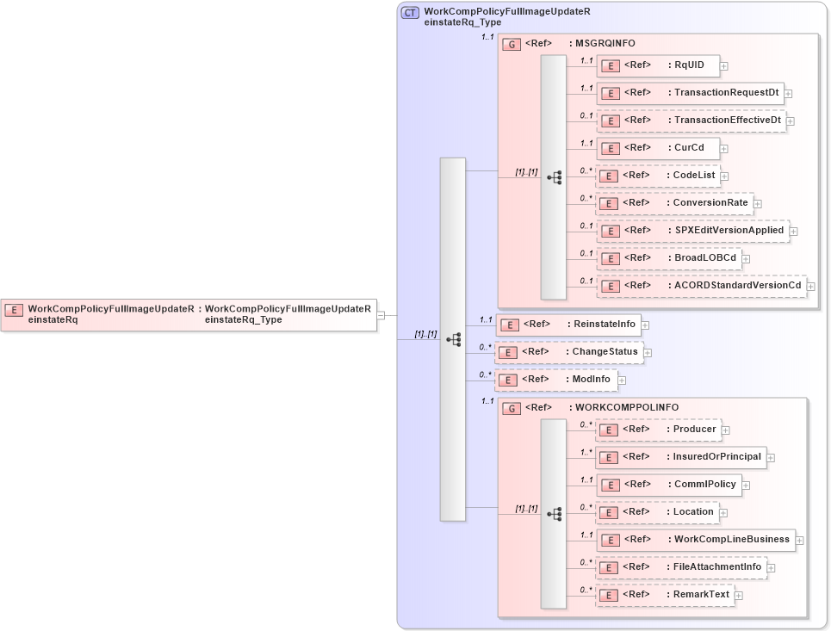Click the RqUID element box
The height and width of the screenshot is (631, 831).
pyautogui.click(x=658, y=65)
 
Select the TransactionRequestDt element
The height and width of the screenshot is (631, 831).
pyautogui.click(x=690, y=93)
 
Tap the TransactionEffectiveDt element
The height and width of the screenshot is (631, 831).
pyautogui.click(x=691, y=121)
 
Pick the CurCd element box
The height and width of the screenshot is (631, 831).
pyautogui.click(x=658, y=148)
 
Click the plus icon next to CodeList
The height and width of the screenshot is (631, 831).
pyautogui.click(x=725, y=176)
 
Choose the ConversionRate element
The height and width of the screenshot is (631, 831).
pyautogui.click(x=674, y=203)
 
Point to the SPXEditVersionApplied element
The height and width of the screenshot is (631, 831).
pyautogui.click(x=692, y=231)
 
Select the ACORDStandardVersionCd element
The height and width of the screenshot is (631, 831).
pyautogui.click(x=701, y=286)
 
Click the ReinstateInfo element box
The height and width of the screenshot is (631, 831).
pyautogui.click(x=568, y=325)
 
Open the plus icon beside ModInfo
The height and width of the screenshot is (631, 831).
pyautogui.click(x=622, y=380)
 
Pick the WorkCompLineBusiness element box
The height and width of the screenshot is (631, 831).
pyautogui.click(x=695, y=540)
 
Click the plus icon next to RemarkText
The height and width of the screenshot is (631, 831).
pyautogui.click(x=739, y=595)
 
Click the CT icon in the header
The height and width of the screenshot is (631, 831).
pyautogui.click(x=411, y=13)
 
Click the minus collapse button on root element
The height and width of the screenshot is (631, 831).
pyautogui.click(x=381, y=315)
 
